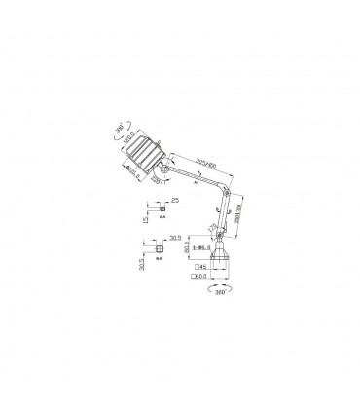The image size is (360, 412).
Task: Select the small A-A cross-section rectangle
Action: tap(156, 207)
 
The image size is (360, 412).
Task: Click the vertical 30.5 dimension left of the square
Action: tap(144, 261)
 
